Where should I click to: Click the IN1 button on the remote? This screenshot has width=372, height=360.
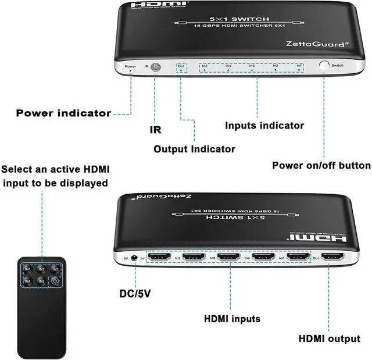pyautogui.click(x=28, y=270)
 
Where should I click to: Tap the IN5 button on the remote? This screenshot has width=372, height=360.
pyautogui.click(x=41, y=282)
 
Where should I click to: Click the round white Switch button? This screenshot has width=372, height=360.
pyautogui.click(x=323, y=66)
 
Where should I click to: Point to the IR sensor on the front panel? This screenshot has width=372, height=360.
pyautogui.click(x=156, y=67)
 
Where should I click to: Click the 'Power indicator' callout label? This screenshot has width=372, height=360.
pyautogui.click(x=63, y=113)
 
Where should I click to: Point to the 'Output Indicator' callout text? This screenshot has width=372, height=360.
pyautogui.click(x=194, y=149)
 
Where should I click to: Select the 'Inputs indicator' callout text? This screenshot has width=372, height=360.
pyautogui.click(x=264, y=125)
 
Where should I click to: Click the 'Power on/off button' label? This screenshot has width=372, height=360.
pyautogui.click(x=321, y=165)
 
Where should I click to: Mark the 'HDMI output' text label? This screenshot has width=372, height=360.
pyautogui.click(x=329, y=339)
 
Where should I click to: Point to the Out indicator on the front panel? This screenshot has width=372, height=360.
pyautogui.click(x=182, y=68)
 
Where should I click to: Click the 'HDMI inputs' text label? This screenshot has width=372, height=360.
pyautogui.click(x=232, y=319)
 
